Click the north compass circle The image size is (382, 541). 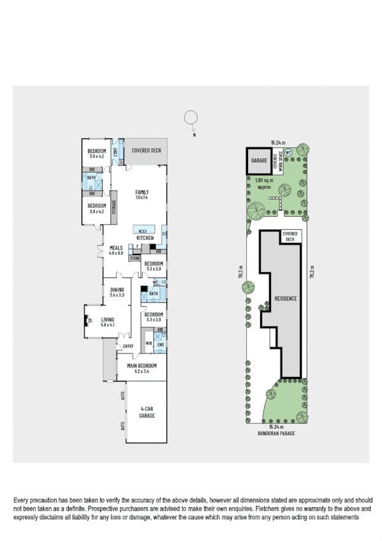[x=190, y=118]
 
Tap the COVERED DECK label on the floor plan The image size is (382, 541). [x=146, y=151]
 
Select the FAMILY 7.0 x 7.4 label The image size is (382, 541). [x=141, y=195]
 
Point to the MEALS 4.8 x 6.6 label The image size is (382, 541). [x=115, y=251]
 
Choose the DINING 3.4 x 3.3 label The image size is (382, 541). [x=116, y=293]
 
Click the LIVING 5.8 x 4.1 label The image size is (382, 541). [x=107, y=323]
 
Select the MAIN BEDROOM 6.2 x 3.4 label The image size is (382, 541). [x=142, y=368]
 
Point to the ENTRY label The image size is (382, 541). [x=128, y=346]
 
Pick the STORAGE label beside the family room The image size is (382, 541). [x=114, y=208]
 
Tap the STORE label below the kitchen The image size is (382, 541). [x=135, y=258]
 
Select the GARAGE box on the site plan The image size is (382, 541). [x=258, y=161]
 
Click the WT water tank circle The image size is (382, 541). [x=288, y=152]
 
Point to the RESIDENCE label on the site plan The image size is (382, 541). [x=286, y=299]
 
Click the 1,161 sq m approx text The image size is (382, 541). [x=263, y=184]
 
